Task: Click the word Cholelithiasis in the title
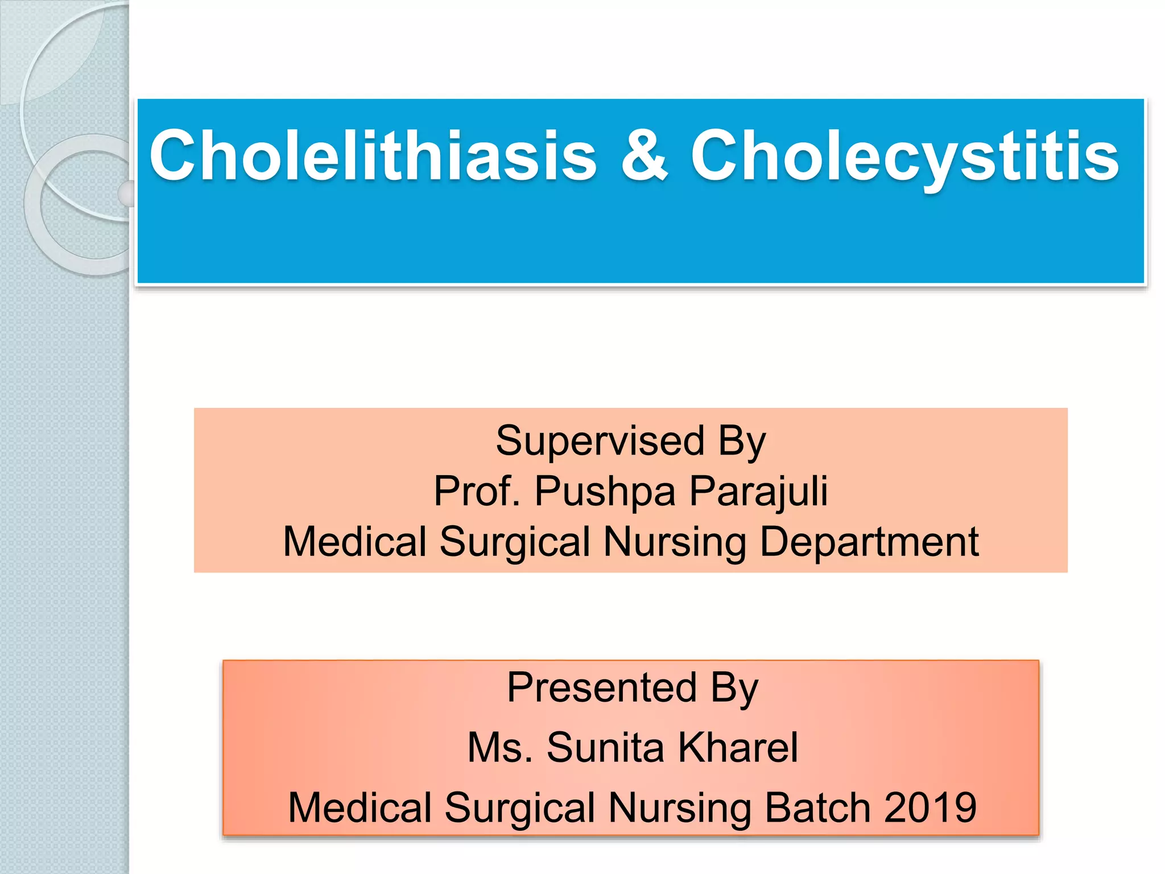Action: [x=373, y=155]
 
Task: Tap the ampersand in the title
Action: [x=644, y=155]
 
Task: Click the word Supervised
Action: [x=600, y=441]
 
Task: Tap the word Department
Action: [x=869, y=542]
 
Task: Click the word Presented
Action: [x=601, y=687]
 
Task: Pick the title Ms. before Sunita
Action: [x=499, y=747]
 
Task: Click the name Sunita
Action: [x=605, y=747]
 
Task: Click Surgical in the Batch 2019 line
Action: [x=519, y=809]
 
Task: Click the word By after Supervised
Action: [x=742, y=442]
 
